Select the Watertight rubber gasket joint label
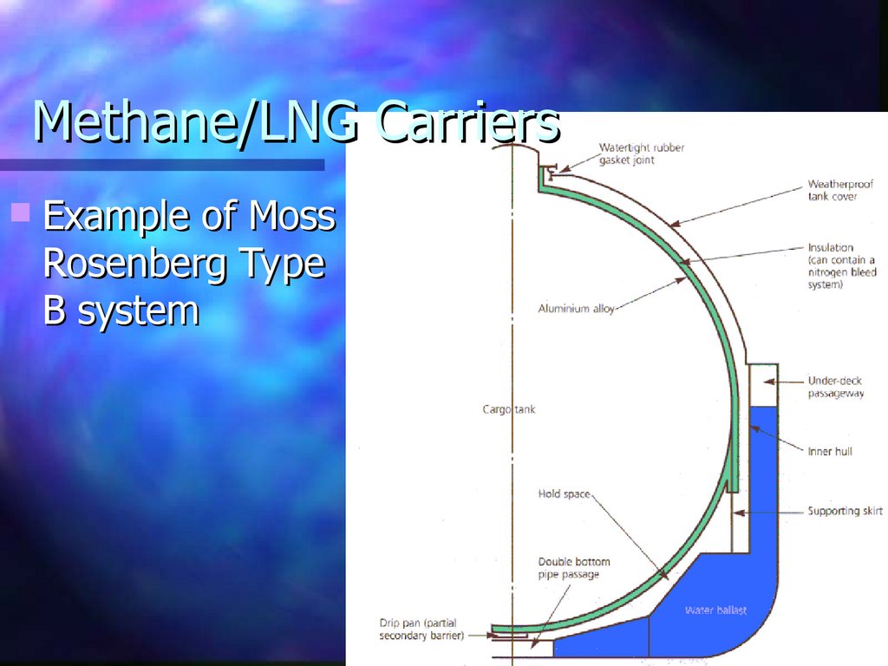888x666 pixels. [641, 153]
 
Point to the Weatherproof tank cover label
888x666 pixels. [840, 190]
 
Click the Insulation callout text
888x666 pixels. [841, 265]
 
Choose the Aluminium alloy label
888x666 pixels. [576, 309]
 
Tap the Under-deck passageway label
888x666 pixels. [835, 387]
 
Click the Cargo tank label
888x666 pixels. [509, 408]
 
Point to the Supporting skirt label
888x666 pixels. [845, 511]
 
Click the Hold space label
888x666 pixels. [564, 494]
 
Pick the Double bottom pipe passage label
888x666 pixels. [573, 568]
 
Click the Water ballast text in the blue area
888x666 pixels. [715, 610]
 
